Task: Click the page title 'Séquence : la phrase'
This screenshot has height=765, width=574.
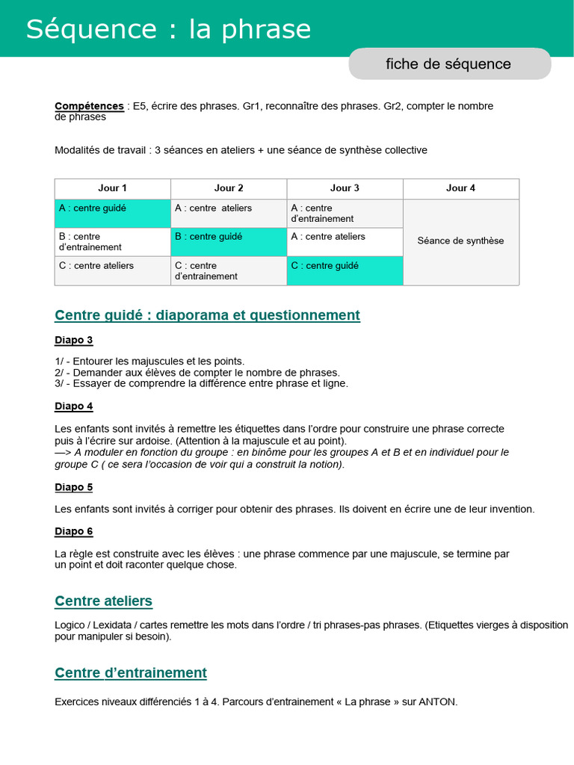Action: coord(168,29)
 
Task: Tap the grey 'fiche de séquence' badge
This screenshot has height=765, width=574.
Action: coord(448,64)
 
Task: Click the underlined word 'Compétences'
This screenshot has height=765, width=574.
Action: coord(89,106)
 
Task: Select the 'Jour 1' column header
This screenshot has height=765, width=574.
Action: coord(112,188)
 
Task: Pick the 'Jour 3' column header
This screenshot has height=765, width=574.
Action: coord(345,188)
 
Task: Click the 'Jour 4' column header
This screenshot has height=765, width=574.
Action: coord(460,188)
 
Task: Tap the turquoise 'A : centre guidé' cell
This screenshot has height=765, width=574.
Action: coord(112,213)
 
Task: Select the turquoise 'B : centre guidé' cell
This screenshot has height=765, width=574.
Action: coord(229,241)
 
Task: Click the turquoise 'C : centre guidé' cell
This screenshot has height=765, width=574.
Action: coord(345,270)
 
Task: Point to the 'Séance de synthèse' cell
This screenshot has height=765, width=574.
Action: coord(460,241)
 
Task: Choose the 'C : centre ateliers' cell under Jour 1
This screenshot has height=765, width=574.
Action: coord(112,270)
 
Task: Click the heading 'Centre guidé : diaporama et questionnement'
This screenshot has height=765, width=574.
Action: coord(207,315)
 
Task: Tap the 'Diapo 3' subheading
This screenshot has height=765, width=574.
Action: coord(73,341)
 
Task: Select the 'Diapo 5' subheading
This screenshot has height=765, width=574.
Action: coord(73,487)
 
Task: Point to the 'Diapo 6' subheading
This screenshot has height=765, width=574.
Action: coord(73,531)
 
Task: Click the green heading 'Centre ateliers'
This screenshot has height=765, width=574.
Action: coord(103,601)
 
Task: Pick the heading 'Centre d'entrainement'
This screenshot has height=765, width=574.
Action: coord(131,673)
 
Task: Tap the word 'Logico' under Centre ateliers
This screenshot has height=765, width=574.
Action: coord(70,625)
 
